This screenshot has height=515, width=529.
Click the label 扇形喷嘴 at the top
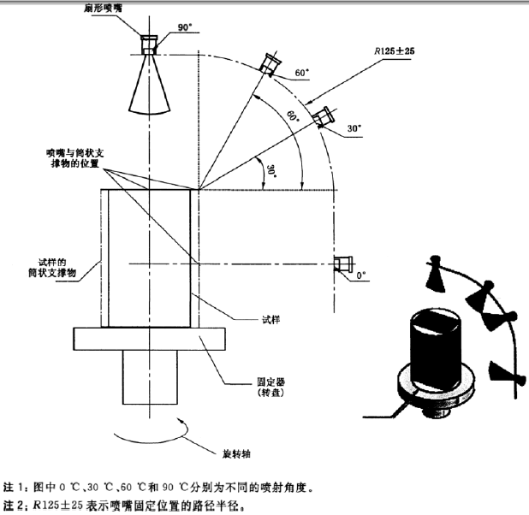154,7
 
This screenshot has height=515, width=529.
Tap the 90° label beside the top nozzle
186,27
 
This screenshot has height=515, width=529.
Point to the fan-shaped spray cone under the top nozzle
151,79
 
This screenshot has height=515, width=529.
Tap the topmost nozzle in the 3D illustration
436,273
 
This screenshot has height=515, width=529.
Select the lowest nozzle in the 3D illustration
500,373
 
